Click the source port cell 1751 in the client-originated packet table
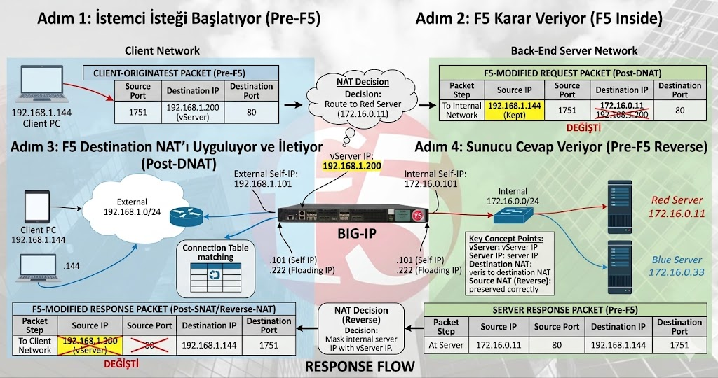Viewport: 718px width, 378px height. coord(137,110)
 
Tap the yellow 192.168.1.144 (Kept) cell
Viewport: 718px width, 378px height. coord(514,110)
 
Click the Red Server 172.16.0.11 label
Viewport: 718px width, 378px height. coord(677,206)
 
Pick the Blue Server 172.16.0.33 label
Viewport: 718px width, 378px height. coord(677,266)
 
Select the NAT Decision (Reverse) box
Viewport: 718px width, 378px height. coord(360,329)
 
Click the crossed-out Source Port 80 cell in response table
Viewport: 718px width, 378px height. coord(149,345)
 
